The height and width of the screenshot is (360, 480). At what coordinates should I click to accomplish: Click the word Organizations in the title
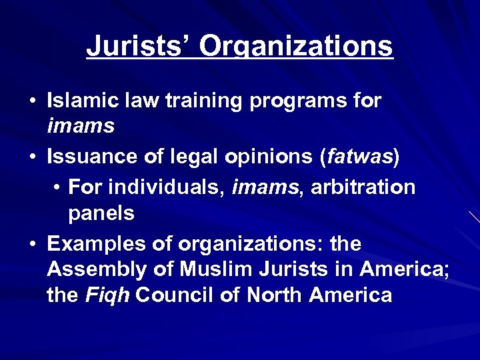[296, 47]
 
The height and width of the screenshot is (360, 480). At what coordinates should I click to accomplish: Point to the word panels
[101, 213]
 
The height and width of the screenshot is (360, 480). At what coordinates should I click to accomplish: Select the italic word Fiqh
[107, 295]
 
